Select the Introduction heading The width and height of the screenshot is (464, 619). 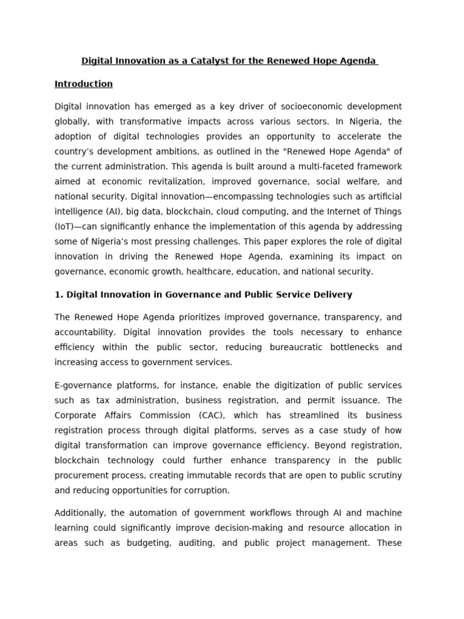[83, 84]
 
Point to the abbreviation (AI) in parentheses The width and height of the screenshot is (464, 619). [111, 212]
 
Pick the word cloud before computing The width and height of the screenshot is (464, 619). [227, 212]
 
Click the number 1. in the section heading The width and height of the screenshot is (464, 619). [59, 294]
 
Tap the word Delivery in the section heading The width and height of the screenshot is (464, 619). [332, 294]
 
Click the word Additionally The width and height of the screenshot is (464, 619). [80, 513]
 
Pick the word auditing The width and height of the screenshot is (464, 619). [196, 543]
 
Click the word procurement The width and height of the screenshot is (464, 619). [83, 475]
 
